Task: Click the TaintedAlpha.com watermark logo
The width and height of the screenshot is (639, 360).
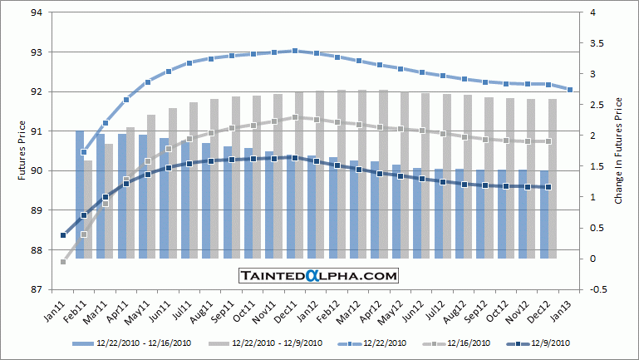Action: (x=319, y=275)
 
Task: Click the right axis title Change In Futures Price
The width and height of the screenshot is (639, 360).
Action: (x=619, y=151)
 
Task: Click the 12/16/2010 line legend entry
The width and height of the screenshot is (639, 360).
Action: (x=460, y=343)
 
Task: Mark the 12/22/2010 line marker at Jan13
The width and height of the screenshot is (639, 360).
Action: (x=569, y=90)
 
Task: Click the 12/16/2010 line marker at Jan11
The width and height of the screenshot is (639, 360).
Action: (x=63, y=262)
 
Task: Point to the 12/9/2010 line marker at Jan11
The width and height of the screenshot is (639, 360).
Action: (x=63, y=235)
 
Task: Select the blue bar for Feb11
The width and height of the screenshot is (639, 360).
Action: (x=79, y=194)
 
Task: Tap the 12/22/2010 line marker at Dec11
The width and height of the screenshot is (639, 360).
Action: (x=295, y=51)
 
